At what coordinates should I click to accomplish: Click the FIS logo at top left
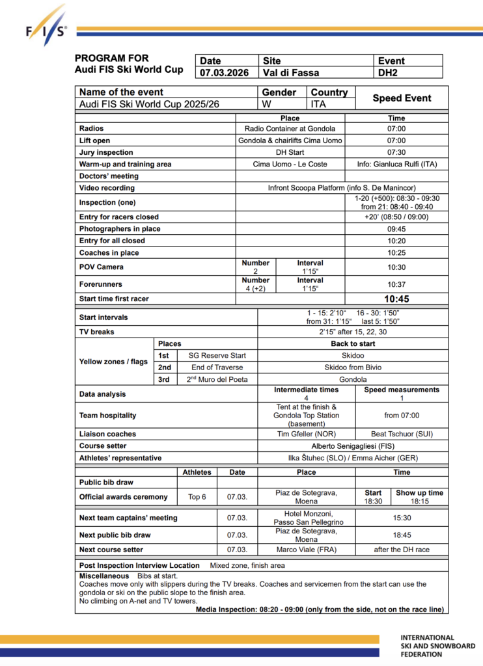45,27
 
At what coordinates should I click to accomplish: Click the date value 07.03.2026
225,73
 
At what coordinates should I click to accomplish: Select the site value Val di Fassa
291,73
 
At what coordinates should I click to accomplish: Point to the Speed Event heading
402,98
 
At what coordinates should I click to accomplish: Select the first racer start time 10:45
396,299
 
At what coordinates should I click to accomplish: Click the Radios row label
92,128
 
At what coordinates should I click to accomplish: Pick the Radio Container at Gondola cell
290,128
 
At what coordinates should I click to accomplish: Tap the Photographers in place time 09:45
396,229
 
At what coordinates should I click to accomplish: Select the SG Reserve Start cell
217,356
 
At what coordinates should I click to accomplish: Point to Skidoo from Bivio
353,367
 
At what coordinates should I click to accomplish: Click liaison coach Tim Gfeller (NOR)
306,434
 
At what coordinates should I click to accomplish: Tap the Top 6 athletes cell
197,497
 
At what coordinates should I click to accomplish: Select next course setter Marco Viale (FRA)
306,550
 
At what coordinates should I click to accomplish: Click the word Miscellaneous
104,576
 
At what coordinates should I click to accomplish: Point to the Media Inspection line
320,610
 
